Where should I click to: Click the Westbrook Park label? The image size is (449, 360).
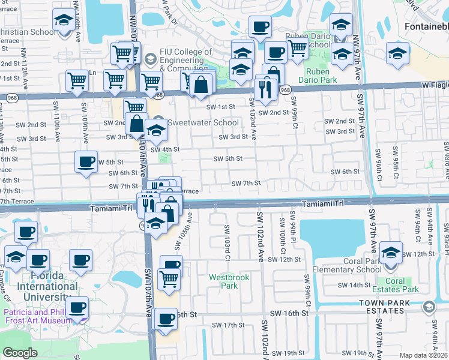[x=224, y=281]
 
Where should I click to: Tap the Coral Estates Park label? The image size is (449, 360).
[x=403, y=285]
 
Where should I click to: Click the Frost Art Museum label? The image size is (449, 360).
[x=37, y=316]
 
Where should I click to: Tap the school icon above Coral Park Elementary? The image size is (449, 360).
[x=391, y=253]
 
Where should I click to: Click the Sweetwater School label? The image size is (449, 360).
[x=194, y=122]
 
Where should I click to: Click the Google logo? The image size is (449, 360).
[x=20, y=353]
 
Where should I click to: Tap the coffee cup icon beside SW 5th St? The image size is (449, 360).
[x=86, y=162]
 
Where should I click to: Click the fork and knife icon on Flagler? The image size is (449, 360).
[x=265, y=89]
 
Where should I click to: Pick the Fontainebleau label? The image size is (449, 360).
[x=426, y=28]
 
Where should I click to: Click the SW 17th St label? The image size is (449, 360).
[x=228, y=325]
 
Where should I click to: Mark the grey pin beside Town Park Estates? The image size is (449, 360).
[x=428, y=307]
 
